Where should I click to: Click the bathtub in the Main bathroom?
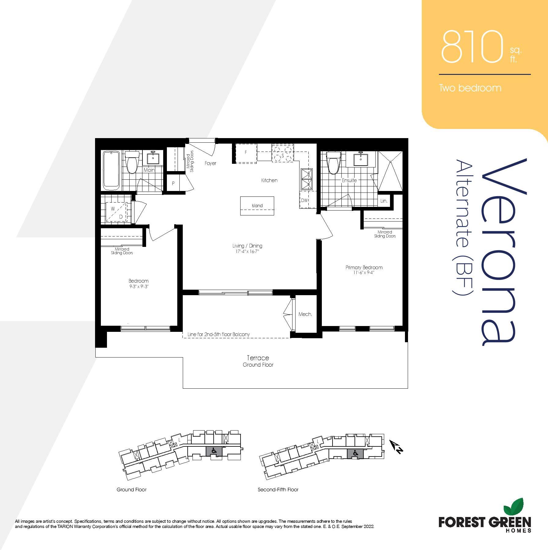pos(111,170)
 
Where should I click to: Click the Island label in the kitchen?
pos(257,206)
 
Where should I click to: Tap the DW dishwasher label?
pos(304,200)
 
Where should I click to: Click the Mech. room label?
pos(305,314)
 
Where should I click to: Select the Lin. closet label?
pos(384,201)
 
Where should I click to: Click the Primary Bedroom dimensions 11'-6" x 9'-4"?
pos(364,273)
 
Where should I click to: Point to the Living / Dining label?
pos(247,246)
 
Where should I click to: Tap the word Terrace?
pos(258,358)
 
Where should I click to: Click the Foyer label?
pos(210,163)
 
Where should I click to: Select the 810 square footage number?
pos(472,47)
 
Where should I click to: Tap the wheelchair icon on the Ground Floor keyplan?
pos(214,450)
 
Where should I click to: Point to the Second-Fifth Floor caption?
pos(278,490)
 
